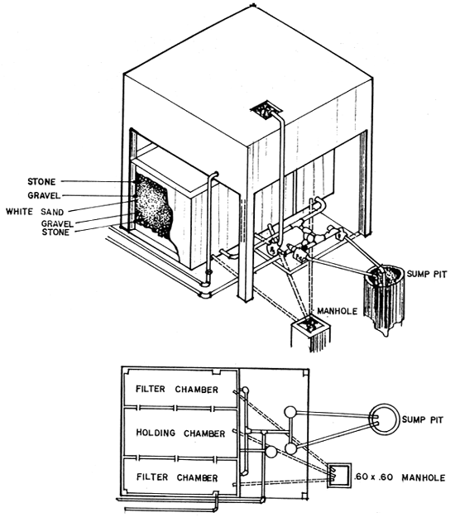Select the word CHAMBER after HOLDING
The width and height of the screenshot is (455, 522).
coord(199,433)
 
